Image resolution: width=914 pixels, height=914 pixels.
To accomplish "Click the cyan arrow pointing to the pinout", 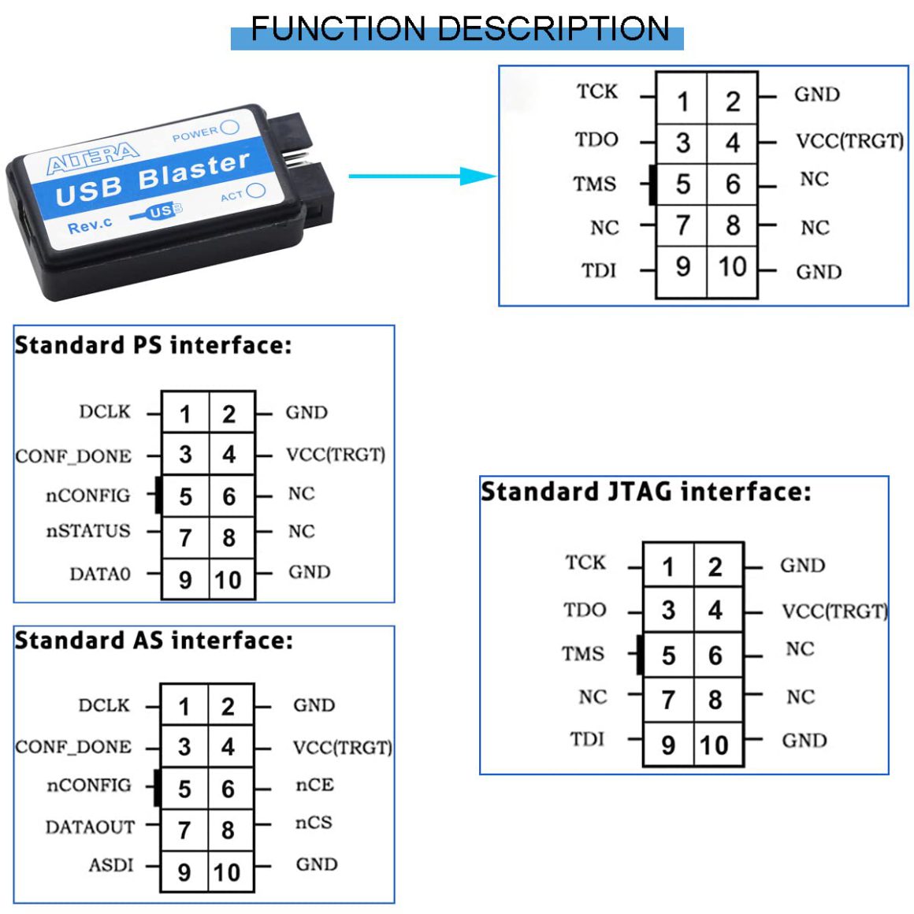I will coord(422,176).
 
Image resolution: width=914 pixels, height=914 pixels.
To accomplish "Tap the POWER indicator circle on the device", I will coord(230,127).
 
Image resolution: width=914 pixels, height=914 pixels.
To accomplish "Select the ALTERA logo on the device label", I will coord(93,158).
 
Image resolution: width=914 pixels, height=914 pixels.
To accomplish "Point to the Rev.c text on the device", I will coord(90,226).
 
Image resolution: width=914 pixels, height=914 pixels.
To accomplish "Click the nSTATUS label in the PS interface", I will coord(88,531).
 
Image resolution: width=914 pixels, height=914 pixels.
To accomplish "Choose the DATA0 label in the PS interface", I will coord(100,574).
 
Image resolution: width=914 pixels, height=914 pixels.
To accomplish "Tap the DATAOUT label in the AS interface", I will coord(90,827).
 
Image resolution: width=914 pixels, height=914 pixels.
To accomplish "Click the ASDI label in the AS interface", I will coord(111,865).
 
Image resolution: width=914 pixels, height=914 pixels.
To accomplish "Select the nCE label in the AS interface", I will coord(314,785).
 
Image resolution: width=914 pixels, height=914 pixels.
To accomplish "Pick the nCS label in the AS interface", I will coord(314,823).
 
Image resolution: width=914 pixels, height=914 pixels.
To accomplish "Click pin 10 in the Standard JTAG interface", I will coord(715,745).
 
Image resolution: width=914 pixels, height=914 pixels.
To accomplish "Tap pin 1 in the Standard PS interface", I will coord(185,414).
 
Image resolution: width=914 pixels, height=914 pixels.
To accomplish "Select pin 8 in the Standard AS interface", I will coord(228,830).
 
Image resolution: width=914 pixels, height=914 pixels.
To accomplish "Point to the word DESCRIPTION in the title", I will coord(555,29).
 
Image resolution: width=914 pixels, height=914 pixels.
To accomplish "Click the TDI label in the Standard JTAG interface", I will coord(587,739).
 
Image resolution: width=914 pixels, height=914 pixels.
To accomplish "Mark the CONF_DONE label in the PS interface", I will coord(73,456).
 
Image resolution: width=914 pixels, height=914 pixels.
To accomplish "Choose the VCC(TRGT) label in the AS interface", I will coord(342,747).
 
